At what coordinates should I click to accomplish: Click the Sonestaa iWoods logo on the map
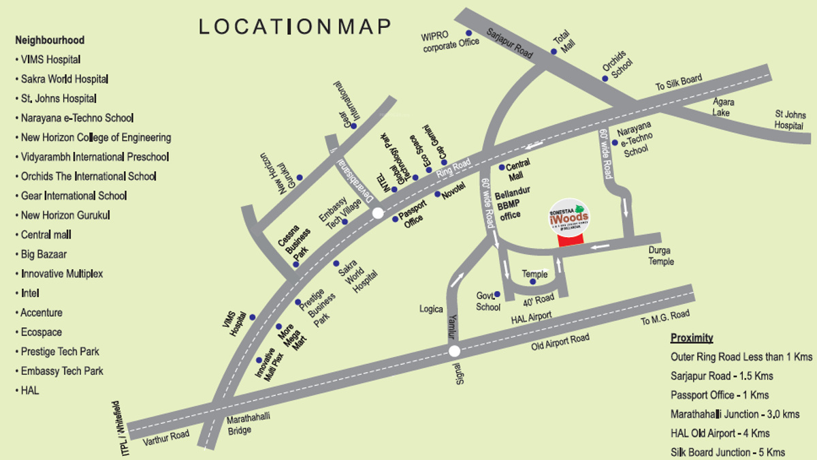(568, 216)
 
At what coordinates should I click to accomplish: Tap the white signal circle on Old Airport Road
(454, 352)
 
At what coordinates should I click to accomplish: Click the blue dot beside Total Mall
(554, 51)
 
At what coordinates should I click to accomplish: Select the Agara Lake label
(723, 107)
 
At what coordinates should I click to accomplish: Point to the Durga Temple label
(661, 256)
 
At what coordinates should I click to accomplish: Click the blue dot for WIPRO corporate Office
(468, 33)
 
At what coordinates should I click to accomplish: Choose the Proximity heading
(692, 338)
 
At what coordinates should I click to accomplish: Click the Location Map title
(295, 27)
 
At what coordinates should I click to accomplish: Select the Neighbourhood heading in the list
(50, 40)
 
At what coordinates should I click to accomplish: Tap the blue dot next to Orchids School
(605, 78)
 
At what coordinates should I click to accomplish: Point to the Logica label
(431, 309)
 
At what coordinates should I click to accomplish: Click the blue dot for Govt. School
(497, 294)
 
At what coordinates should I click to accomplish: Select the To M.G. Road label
(665, 318)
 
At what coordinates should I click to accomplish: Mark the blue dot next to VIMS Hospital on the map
(252, 317)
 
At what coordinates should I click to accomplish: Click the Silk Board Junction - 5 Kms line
(727, 452)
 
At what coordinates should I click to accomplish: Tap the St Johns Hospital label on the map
(790, 120)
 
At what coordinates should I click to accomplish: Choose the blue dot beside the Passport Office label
(395, 219)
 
